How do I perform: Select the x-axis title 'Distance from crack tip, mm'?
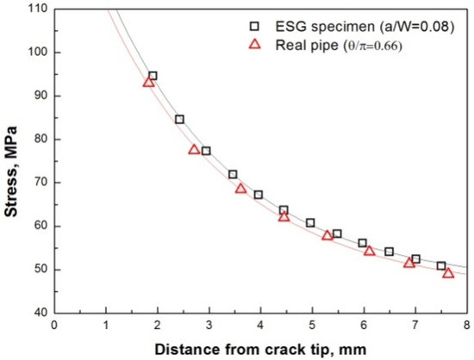259,349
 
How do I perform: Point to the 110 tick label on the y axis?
35,9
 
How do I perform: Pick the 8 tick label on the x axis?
466,326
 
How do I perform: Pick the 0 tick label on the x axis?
53,326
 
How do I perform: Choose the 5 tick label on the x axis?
311,326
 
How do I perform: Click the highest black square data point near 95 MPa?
153,76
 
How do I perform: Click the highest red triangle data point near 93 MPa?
148,82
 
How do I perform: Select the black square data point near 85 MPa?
179,120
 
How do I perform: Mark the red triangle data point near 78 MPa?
195,149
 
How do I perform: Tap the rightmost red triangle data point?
448,272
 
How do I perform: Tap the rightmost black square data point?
441,266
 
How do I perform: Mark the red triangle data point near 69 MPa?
240,188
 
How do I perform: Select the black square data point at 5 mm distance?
310,223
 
